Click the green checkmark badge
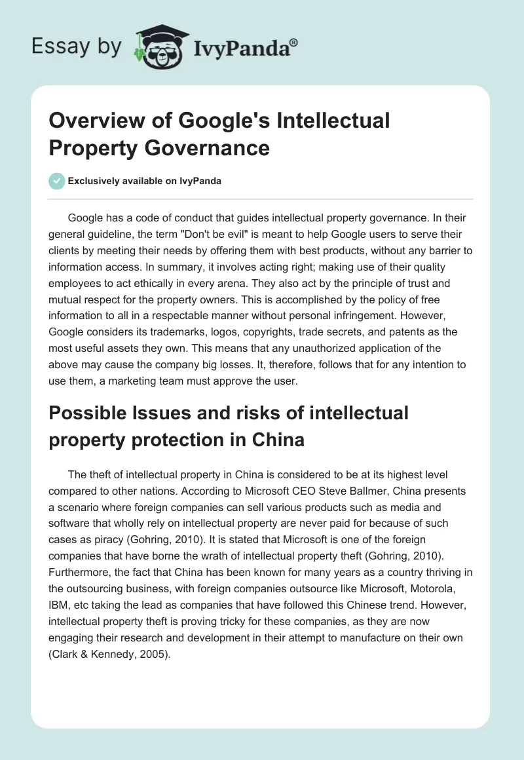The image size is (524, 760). coord(56,181)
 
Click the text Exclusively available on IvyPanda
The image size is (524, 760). coord(144,181)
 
